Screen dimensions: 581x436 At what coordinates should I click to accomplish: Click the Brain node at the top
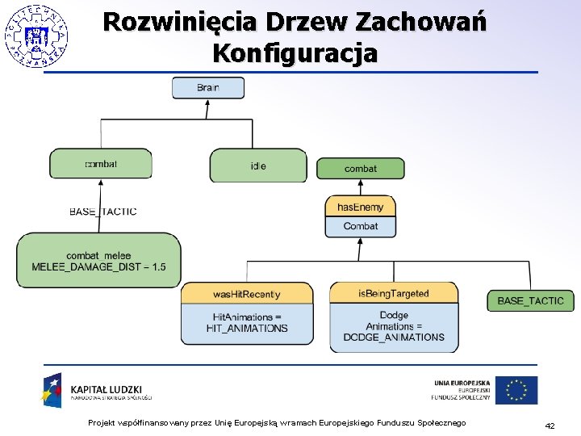coord(207,87)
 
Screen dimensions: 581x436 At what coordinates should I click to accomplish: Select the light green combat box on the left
coord(101,163)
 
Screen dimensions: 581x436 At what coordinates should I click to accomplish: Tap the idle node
coord(258,166)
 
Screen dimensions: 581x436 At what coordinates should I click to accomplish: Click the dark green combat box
coord(360,168)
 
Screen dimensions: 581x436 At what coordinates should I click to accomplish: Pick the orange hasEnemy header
coord(360,208)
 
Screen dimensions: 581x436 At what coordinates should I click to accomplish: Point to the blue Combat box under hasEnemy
coord(360,227)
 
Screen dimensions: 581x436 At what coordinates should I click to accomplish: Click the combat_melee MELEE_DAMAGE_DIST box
coord(98,261)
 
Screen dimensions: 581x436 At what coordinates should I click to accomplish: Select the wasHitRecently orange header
coord(247,293)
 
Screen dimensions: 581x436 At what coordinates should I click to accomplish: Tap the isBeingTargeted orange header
coord(394,293)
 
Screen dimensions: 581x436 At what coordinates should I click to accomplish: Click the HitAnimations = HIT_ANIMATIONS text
coord(247,322)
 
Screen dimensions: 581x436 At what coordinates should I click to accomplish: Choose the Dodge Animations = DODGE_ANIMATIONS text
coord(394,325)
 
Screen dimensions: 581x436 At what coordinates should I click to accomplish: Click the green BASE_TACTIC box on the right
coord(530,300)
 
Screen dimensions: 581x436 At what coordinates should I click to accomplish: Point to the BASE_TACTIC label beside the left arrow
coord(103,212)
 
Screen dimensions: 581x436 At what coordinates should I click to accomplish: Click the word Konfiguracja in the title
coord(295,53)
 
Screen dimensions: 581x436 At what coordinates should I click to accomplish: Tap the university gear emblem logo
coord(36,35)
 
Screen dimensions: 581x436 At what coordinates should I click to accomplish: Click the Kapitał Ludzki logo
coord(97,390)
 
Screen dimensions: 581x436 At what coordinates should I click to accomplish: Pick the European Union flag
coord(516,390)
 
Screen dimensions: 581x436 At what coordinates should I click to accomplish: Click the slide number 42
coord(550,426)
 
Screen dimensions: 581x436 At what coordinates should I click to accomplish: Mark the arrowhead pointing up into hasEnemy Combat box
coord(360,242)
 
